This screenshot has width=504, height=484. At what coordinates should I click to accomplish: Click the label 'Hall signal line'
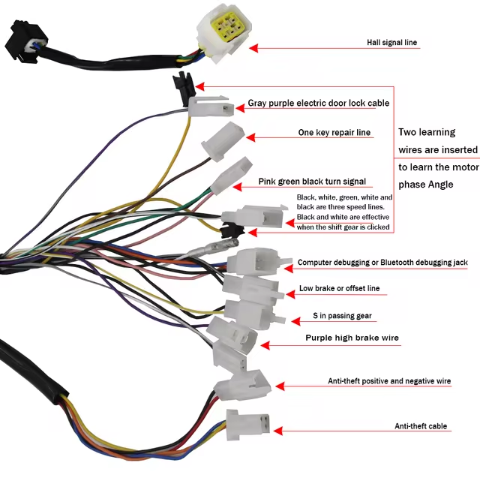click(392, 43)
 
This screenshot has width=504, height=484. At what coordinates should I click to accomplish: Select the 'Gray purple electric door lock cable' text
click(319, 103)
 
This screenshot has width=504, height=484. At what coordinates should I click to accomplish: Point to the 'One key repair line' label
click(334, 133)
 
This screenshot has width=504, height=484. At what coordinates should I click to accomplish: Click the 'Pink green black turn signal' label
click(312, 182)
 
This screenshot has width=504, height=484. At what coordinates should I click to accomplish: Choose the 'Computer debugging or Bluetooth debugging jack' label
click(382, 263)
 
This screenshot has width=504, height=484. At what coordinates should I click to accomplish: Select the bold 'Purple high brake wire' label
click(352, 338)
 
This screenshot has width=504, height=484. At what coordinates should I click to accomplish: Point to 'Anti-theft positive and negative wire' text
click(389, 381)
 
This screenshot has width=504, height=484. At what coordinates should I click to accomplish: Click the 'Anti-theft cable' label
click(421, 426)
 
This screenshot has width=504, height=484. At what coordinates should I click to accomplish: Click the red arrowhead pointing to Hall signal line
click(254, 47)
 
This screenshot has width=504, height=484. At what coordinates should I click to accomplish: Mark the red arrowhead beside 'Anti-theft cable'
click(277, 431)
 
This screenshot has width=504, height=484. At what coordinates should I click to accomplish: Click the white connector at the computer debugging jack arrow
click(255, 263)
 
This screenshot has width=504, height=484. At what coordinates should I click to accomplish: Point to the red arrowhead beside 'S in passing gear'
click(289, 319)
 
